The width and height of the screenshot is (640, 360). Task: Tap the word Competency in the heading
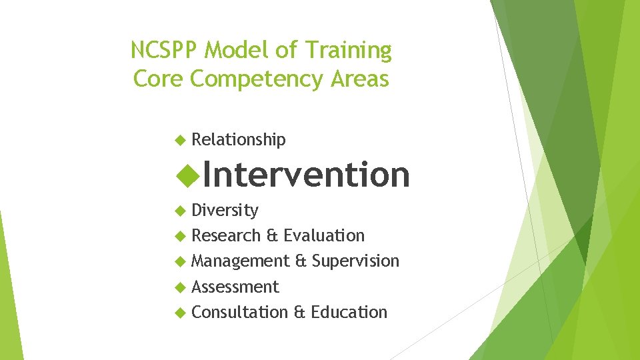tap(256, 79)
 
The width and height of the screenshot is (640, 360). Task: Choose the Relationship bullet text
tap(239, 140)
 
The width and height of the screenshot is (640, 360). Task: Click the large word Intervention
tap(306, 175)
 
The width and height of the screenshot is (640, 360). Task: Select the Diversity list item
tap(225, 211)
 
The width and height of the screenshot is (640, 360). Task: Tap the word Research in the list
tap(226, 236)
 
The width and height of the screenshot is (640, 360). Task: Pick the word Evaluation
tap(324, 236)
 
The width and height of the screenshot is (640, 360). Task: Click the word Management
tap(240, 261)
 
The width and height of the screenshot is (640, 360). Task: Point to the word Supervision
tap(355, 261)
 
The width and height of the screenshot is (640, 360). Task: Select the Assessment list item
tap(235, 287)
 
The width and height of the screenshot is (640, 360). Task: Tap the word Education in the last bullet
tap(349, 312)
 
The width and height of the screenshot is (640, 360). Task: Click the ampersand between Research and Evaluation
tap(272, 236)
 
